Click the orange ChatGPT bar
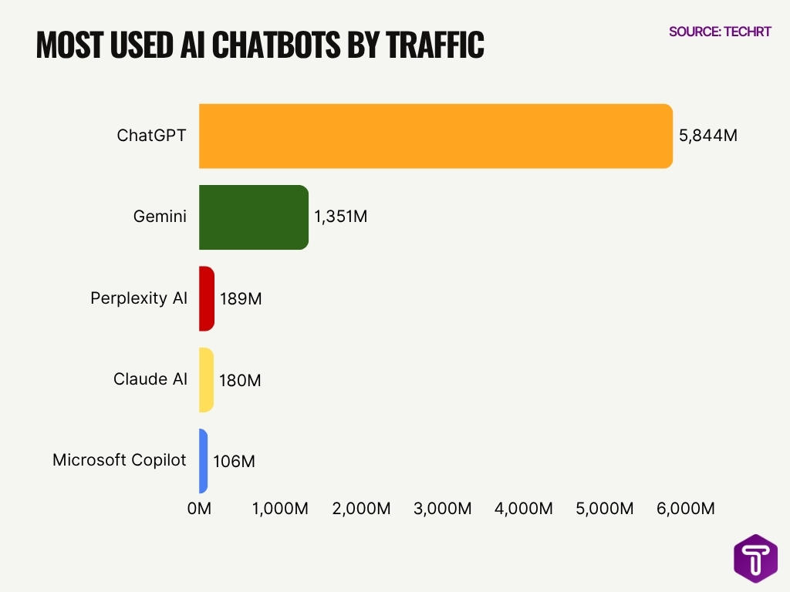pyautogui.click(x=435, y=136)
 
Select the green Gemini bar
pyautogui.click(x=253, y=217)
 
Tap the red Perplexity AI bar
pyautogui.click(x=206, y=298)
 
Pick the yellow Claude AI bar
pyautogui.click(x=205, y=380)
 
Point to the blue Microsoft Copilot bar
pyautogui.click(x=204, y=461)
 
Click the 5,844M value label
pyautogui.click(x=708, y=136)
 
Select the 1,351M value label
pyautogui.click(x=340, y=217)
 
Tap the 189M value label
pyautogui.click(x=241, y=298)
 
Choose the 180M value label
pyautogui.click(x=240, y=380)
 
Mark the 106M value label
pyautogui.click(x=234, y=462)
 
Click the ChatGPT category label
pyautogui.click(x=152, y=136)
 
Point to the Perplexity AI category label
pyautogui.click(x=139, y=298)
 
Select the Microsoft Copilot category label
pyautogui.click(x=120, y=460)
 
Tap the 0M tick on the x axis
pyautogui.click(x=199, y=509)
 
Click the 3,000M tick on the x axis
pyautogui.click(x=443, y=509)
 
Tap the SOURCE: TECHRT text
pyautogui.click(x=720, y=32)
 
